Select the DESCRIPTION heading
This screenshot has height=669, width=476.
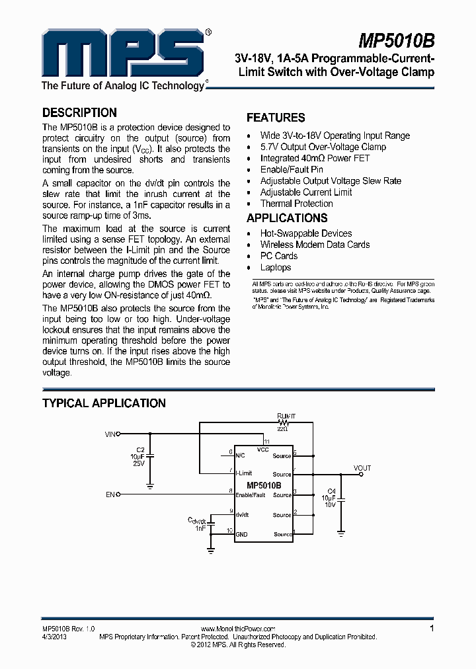pos(79,112)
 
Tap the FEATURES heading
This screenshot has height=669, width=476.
pos(276,118)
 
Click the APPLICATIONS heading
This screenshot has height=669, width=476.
pos(287,218)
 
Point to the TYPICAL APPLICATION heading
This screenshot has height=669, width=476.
pos(104,403)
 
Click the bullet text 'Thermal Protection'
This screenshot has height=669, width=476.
pos(296,204)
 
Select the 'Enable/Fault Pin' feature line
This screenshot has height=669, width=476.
pos(292,169)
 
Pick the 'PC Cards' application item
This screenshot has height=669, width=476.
pos(279,256)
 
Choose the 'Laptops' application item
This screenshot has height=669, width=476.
pos(276,267)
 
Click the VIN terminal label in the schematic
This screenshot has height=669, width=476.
pos(110,434)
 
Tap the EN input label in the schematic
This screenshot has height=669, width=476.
pos(110,494)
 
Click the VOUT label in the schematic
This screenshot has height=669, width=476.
pos(362,468)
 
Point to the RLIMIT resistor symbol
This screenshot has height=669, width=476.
pos(284,422)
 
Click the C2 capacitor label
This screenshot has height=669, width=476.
pos(140,450)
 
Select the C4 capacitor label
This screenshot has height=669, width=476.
pos(331,490)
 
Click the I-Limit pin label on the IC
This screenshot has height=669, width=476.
pos(244,473)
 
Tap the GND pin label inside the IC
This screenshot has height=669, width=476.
pos(241,534)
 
